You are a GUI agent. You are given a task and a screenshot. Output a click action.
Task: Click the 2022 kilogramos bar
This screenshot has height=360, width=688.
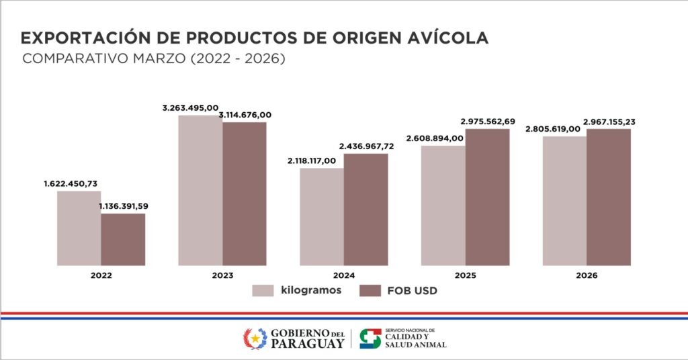pyautogui.click(x=79, y=228)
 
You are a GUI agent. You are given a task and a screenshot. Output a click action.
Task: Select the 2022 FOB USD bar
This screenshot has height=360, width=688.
pyautogui.click(x=123, y=239)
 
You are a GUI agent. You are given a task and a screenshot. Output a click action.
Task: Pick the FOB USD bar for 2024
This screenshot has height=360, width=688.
pyautogui.click(x=365, y=210)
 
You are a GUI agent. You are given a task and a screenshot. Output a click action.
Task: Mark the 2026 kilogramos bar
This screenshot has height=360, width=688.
pyautogui.click(x=564, y=201)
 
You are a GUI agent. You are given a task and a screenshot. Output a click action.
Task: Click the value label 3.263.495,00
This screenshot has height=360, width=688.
pyautogui.click(x=190, y=107)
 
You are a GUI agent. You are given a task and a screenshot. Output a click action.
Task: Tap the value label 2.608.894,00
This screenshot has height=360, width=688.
pyautogui.click(x=435, y=138)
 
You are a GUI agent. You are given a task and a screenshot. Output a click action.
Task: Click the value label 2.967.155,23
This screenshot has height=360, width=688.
pyautogui.click(x=609, y=122)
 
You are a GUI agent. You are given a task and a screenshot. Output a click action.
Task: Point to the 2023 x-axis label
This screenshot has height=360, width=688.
pyautogui.click(x=222, y=275)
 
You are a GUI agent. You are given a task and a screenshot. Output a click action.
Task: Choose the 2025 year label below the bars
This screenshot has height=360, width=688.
pyautogui.click(x=465, y=275)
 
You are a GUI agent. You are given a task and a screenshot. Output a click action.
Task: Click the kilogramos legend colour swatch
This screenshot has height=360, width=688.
pyautogui.click(x=263, y=290)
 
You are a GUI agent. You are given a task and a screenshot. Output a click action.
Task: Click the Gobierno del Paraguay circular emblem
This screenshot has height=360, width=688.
pyautogui.click(x=255, y=339)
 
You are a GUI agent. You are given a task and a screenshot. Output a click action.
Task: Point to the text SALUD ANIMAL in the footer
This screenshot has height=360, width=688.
pyautogui.click(x=415, y=345)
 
